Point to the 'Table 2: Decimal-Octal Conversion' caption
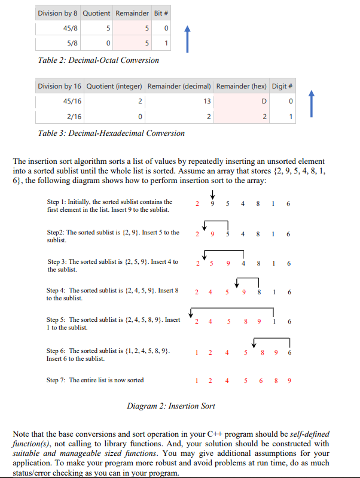pyautogui.click(x=98, y=60)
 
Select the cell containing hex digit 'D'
pyautogui.click(x=257, y=101)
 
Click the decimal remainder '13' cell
pyautogui.click(x=203, y=101)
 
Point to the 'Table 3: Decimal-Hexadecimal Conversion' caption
pyautogui.click(x=111, y=133)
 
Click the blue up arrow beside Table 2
pyautogui.click(x=187, y=35)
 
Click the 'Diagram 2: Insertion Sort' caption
pyautogui.click(x=171, y=406)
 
